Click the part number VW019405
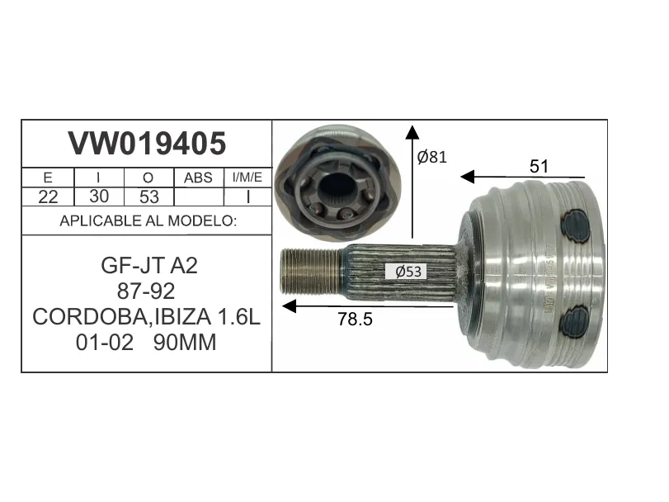(147, 144)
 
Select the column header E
(48, 178)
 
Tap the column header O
(148, 178)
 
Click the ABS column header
(198, 178)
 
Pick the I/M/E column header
(247, 178)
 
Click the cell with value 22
(48, 197)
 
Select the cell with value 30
(99, 197)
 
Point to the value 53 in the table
(149, 197)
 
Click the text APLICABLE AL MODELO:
(148, 220)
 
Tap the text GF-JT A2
(149, 266)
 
